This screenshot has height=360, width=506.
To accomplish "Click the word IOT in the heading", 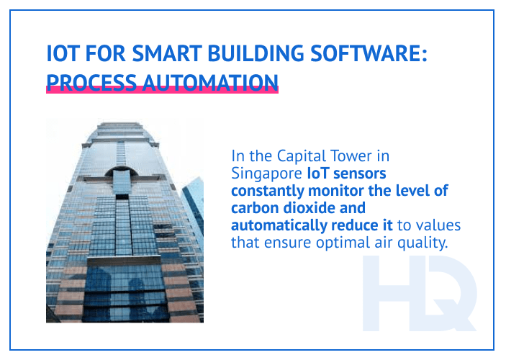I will (x=61, y=55).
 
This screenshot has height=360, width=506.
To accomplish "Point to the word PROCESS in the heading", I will (x=89, y=80).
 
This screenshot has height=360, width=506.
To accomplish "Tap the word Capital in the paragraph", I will (x=296, y=156).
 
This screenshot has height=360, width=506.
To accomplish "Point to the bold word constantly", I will (x=270, y=190).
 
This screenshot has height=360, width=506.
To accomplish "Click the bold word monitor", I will (x=342, y=190).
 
